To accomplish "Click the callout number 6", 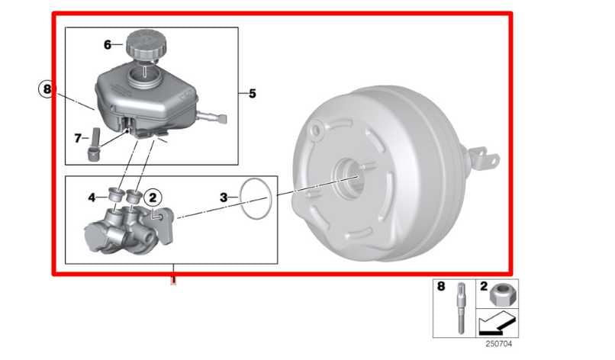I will (108, 45).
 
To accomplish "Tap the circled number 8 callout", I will (47, 90).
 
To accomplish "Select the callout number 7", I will (77, 138).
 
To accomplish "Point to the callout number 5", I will (252, 94).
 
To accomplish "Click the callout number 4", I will (92, 198).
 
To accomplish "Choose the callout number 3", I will (224, 198).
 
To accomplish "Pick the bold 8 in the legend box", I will (441, 288).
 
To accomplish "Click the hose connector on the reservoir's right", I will (215, 117).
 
